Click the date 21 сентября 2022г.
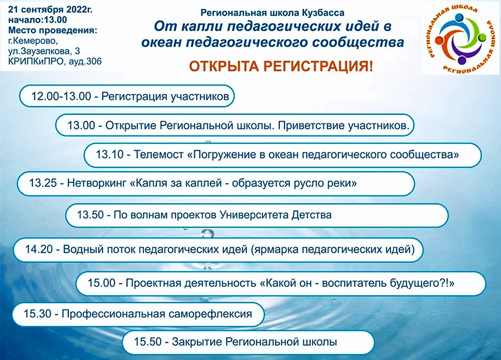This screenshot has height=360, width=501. [50, 10]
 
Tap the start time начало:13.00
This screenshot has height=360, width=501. [37, 20]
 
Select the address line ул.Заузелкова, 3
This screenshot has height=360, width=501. [44, 51]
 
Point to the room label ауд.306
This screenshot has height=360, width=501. [85, 61]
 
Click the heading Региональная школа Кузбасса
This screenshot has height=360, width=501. [272, 13]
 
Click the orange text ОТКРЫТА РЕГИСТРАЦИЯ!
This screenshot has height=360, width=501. [281, 66]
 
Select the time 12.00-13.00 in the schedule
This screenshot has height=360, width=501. [61, 96]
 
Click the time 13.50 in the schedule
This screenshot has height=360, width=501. [91, 215]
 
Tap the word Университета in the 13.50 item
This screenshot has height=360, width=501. [254, 215]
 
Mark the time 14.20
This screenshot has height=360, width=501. [39, 249]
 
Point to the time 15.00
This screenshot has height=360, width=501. [101, 283]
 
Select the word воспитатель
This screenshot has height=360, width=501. [354, 283]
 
